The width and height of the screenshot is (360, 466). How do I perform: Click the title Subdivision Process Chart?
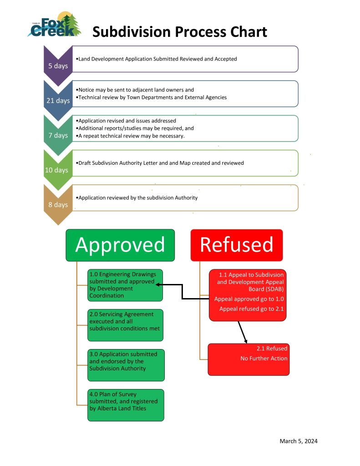tap(179, 32)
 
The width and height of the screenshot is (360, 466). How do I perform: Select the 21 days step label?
tap(58, 100)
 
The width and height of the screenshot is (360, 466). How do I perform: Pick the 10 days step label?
tap(58, 170)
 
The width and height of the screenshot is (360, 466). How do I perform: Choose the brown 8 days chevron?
tap(58, 204)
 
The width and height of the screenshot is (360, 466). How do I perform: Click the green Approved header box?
tap(120, 245)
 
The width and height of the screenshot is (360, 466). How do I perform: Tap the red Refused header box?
tap(237, 245)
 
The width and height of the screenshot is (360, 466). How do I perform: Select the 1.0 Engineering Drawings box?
tap(125, 285)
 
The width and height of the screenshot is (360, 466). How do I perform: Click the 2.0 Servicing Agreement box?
tap(125, 324)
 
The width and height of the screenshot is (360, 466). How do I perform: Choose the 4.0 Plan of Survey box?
tap(126, 405)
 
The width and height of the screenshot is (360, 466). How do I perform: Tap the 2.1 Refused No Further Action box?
tap(248, 359)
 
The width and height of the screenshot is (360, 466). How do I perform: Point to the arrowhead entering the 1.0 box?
tap(157, 285)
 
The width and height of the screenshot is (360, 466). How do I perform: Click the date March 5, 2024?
tap(298, 441)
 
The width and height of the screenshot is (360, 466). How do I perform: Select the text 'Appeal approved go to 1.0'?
tap(249, 299)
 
